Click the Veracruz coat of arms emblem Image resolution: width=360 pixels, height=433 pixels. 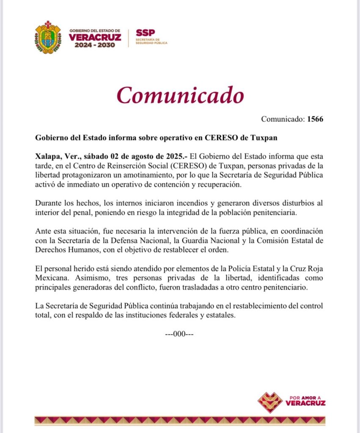tap(48, 37)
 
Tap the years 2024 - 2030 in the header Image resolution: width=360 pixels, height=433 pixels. tap(95, 45)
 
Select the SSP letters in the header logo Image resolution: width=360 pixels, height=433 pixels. tap(145, 33)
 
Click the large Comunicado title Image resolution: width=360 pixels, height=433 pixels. tap(180, 95)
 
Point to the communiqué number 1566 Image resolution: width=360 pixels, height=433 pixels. tap(316, 119)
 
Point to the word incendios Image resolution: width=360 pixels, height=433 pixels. tap(183, 203)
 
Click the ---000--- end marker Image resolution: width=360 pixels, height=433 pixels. tap(179, 334)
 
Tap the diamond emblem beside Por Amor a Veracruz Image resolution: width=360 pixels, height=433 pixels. tap(270, 402)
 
